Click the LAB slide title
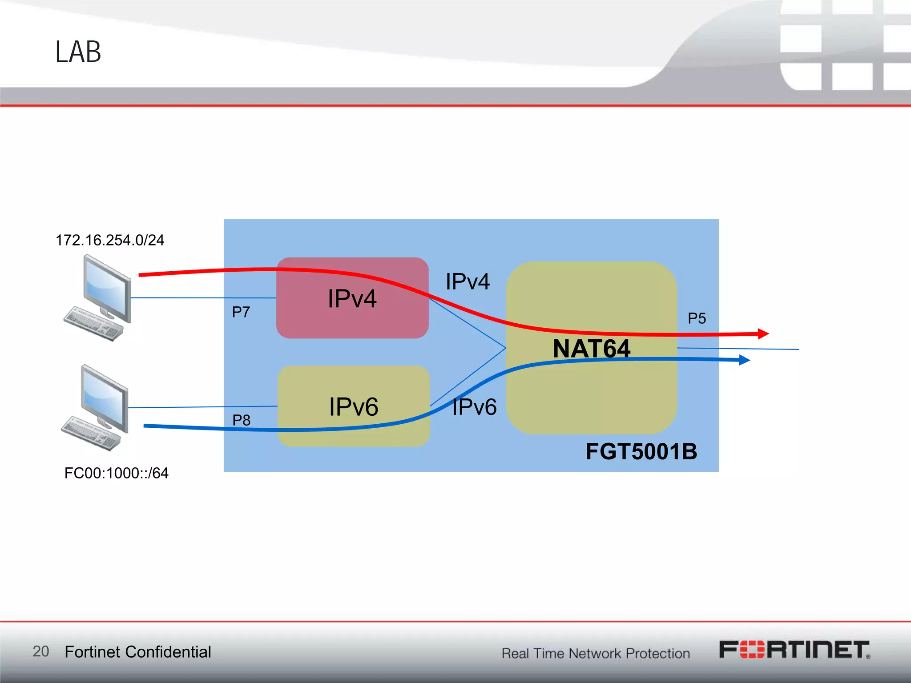click(78, 52)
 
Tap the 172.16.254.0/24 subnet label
click(110, 240)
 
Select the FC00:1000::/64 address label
click(116, 473)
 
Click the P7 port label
click(241, 312)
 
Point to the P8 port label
click(242, 420)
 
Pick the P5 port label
click(697, 318)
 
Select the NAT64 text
click(591, 348)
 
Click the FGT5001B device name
click(641, 451)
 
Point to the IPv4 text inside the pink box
click(352, 298)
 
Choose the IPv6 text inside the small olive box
click(354, 406)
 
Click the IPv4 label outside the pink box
click(468, 281)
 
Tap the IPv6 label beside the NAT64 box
click(474, 406)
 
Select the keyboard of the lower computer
click(91, 434)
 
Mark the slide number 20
click(41, 651)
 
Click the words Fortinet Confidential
click(138, 652)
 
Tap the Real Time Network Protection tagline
click(596, 653)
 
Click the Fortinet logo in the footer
click(794, 650)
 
